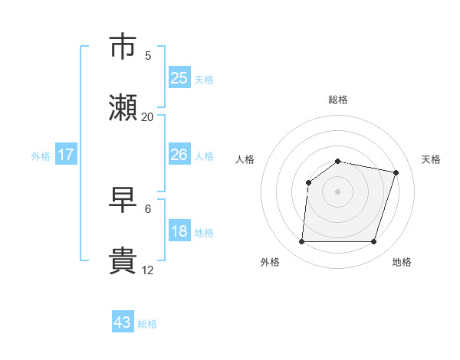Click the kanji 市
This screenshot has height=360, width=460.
click(123, 47)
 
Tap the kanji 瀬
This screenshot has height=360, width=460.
click(123, 108)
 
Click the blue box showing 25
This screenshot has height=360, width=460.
click(179, 78)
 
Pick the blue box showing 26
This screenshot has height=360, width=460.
click(179, 155)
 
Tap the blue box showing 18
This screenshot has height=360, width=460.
click(179, 231)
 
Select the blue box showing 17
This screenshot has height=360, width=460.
click(66, 155)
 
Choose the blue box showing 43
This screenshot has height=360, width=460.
click(123, 322)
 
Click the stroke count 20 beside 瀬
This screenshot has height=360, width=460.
click(148, 117)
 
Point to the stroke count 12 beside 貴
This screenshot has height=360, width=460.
click(148, 270)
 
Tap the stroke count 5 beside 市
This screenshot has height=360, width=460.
click(148, 56)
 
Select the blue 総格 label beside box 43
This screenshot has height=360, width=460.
click(147, 324)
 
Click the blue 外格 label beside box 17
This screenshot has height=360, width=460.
click(41, 156)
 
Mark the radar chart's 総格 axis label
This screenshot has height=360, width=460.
click(338, 100)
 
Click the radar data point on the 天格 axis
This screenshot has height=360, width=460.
click(396, 172)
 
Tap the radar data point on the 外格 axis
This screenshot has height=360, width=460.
click(301, 242)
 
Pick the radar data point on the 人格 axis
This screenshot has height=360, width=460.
click(309, 182)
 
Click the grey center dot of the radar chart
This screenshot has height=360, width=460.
click(338, 191)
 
